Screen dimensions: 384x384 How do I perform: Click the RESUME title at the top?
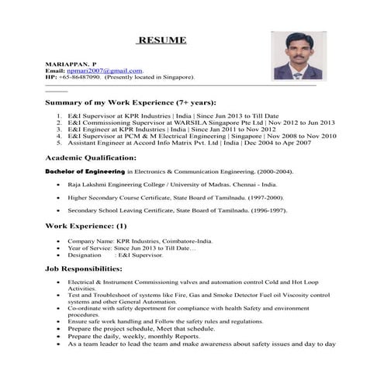[x=161, y=40]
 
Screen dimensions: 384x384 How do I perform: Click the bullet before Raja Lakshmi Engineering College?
[x=60, y=185]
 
